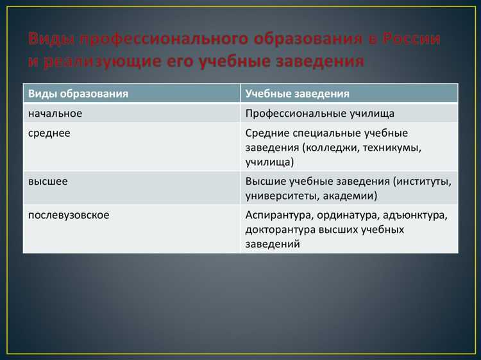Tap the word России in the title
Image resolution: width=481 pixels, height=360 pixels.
[x=411, y=39]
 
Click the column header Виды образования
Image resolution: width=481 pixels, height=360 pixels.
[x=78, y=94]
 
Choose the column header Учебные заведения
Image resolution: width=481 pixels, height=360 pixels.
[x=297, y=94]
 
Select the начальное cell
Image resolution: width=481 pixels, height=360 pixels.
[x=55, y=113]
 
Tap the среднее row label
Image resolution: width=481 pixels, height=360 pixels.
[x=49, y=133]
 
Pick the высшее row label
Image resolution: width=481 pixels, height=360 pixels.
[x=48, y=182]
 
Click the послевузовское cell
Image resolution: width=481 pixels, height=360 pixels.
[x=69, y=214]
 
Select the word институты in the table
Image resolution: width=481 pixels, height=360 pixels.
[x=426, y=182]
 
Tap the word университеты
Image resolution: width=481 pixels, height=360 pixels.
[x=278, y=196]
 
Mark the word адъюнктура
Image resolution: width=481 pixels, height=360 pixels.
[x=421, y=214]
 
